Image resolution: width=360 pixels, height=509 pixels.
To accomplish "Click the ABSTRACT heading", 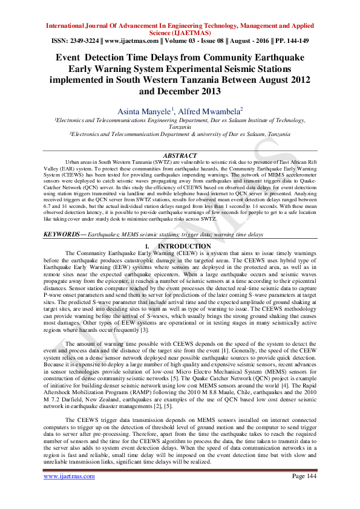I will [180, 155].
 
